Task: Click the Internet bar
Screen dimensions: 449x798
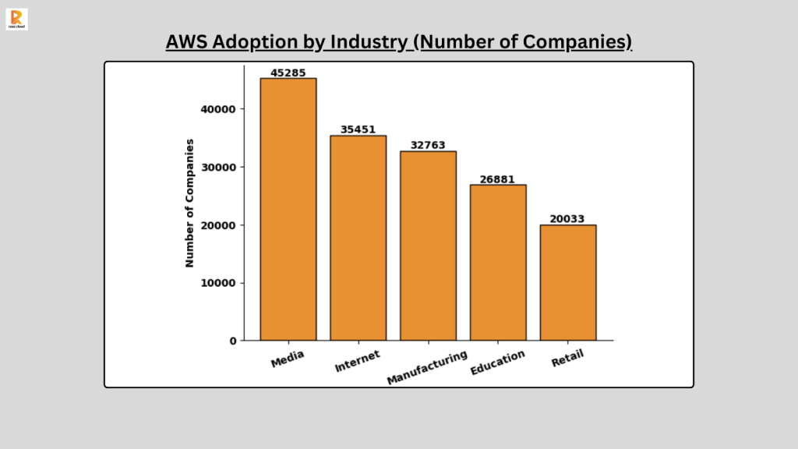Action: click(358, 238)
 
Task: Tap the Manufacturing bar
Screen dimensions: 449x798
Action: click(428, 246)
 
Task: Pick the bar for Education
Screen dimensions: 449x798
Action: click(498, 262)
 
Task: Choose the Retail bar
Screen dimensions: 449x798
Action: click(568, 282)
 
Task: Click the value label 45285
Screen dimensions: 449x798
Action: click(288, 72)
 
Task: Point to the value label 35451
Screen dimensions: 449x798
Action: click(358, 129)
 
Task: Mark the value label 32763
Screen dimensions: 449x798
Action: click(428, 145)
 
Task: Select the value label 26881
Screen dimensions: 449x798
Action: click(498, 179)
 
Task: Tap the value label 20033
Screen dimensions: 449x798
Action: click(568, 219)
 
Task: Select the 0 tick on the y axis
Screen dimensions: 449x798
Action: click(233, 341)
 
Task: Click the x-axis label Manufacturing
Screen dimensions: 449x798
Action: click(427, 367)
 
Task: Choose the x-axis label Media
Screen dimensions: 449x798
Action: click(287, 359)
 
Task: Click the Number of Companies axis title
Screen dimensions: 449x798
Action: click(189, 203)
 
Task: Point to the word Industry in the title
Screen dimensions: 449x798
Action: click(369, 42)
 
